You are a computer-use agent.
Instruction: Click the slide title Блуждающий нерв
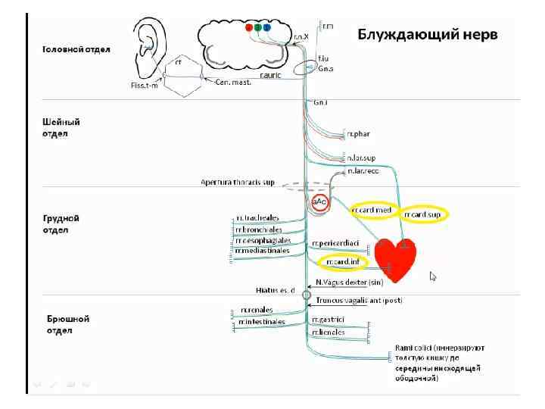pos(428,34)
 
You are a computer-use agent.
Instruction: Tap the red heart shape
pos(395,259)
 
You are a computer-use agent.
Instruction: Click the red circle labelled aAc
pos(320,202)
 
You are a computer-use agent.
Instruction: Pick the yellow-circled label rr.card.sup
pos(423,214)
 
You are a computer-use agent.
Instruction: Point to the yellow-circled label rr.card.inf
pos(342,262)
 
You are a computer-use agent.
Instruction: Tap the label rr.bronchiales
pos(259,229)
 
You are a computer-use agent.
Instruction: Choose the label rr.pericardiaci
pos(339,244)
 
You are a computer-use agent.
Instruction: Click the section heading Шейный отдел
pos(61,127)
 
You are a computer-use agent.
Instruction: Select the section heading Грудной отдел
pos(61,223)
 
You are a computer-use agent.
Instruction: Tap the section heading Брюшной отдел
pos(68,324)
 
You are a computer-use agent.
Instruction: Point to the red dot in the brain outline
pos(249,27)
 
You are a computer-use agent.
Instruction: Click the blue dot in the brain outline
pos(267,27)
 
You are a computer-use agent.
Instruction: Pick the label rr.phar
pos(358,135)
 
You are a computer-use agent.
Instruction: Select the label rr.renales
pos(257,310)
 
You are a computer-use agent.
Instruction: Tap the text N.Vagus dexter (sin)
pos(354,282)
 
